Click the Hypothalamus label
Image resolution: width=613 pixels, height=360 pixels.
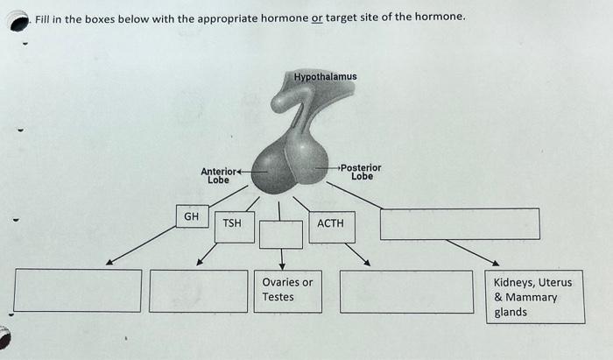(x=325, y=77)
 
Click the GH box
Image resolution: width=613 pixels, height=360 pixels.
(x=191, y=216)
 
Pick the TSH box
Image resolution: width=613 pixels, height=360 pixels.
(x=232, y=225)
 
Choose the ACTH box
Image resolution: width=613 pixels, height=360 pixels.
(x=330, y=225)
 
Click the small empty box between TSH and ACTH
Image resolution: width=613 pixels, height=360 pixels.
(x=281, y=234)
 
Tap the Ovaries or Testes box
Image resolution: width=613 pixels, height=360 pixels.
(x=288, y=291)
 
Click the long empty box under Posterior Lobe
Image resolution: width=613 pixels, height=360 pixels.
(x=459, y=223)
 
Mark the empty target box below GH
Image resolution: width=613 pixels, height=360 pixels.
(x=77, y=290)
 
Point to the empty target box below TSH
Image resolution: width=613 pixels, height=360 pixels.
(x=198, y=291)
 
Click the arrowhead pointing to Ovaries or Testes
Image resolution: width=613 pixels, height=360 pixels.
(x=282, y=265)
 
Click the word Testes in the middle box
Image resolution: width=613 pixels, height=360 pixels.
(x=278, y=298)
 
